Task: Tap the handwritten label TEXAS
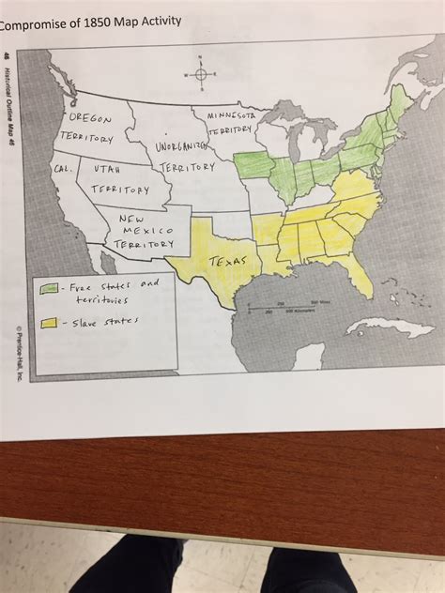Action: [x=227, y=260]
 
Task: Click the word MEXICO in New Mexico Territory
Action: [x=143, y=228]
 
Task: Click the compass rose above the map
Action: [x=201, y=72]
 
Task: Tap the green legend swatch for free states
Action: [x=49, y=286]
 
